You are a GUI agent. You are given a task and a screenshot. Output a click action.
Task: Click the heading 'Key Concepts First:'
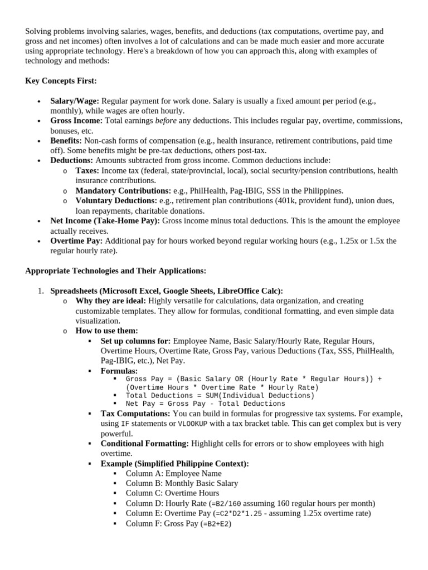click(61, 81)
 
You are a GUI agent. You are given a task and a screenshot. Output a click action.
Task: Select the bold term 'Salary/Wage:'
click(75, 101)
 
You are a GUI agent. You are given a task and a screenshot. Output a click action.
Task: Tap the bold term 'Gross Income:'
click(76, 121)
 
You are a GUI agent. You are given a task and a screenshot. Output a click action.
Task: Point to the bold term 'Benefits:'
click(66, 141)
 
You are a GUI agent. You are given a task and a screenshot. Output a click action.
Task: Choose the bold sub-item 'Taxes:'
click(87, 171)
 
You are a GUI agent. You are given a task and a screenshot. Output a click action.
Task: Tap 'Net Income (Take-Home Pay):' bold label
click(105, 221)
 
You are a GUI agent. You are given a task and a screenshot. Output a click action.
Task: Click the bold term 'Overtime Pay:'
click(76, 241)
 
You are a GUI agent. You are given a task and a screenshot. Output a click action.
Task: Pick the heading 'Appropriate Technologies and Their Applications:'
click(115, 271)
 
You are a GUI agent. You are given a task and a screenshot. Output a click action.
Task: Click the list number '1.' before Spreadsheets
click(41, 291)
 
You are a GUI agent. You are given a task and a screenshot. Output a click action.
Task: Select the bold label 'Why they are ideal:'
click(110, 301)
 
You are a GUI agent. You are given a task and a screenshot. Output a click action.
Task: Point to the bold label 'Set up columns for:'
click(135, 341)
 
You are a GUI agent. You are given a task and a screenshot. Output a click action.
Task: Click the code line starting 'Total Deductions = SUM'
click(220, 396)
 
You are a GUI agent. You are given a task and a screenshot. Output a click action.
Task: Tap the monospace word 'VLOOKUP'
click(192, 424)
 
